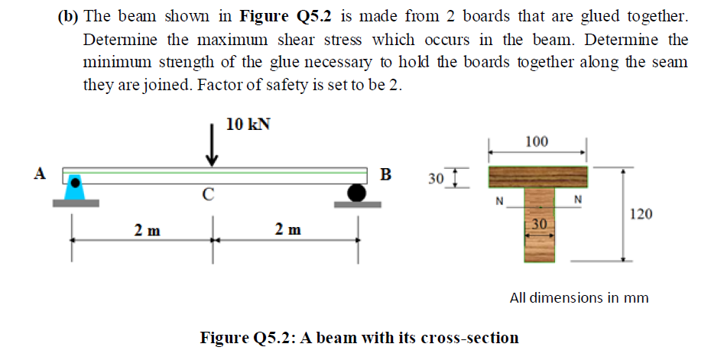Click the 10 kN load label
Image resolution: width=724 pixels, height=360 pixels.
(248, 125)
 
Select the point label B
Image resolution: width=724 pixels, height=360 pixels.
(386, 174)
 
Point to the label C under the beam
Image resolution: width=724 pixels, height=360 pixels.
(207, 194)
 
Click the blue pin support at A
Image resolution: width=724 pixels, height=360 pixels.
(75, 189)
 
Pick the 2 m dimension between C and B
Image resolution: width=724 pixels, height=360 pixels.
(287, 229)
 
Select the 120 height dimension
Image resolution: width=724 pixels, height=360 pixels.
(640, 214)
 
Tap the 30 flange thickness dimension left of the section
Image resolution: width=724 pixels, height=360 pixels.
(436, 179)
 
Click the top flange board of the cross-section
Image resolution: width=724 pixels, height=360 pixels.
(537, 177)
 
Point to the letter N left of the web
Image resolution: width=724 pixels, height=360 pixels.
(499, 202)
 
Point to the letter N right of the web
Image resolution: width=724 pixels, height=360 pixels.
(578, 201)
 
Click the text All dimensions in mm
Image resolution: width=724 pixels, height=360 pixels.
(579, 297)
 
